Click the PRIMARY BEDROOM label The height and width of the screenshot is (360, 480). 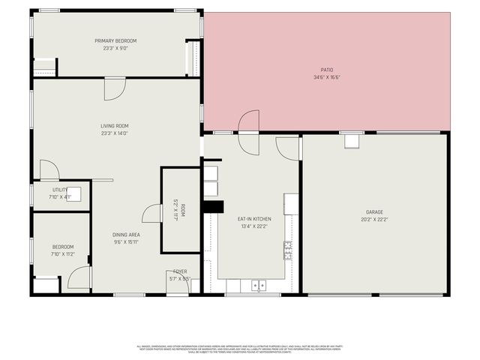point(115,40)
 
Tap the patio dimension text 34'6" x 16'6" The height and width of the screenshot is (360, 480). point(327,77)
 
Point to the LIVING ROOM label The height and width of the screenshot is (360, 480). point(115,125)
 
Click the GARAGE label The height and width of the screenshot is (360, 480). point(375,212)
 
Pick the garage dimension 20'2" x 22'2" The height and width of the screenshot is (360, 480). point(375,220)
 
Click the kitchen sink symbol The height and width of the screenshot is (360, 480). point(259,285)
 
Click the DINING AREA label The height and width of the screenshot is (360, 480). point(127,235)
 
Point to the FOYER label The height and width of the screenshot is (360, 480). point(180,271)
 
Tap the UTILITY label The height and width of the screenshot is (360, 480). point(60,190)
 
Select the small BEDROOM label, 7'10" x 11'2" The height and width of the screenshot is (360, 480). point(63,247)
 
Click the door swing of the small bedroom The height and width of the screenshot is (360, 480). point(79,278)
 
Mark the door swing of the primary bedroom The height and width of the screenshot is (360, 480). point(115,89)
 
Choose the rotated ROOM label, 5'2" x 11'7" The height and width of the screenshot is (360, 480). point(178,210)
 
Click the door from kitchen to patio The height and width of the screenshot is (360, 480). point(249,124)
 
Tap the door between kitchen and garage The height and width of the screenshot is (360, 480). point(288,148)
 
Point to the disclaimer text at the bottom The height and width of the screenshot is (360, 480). point(239,349)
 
